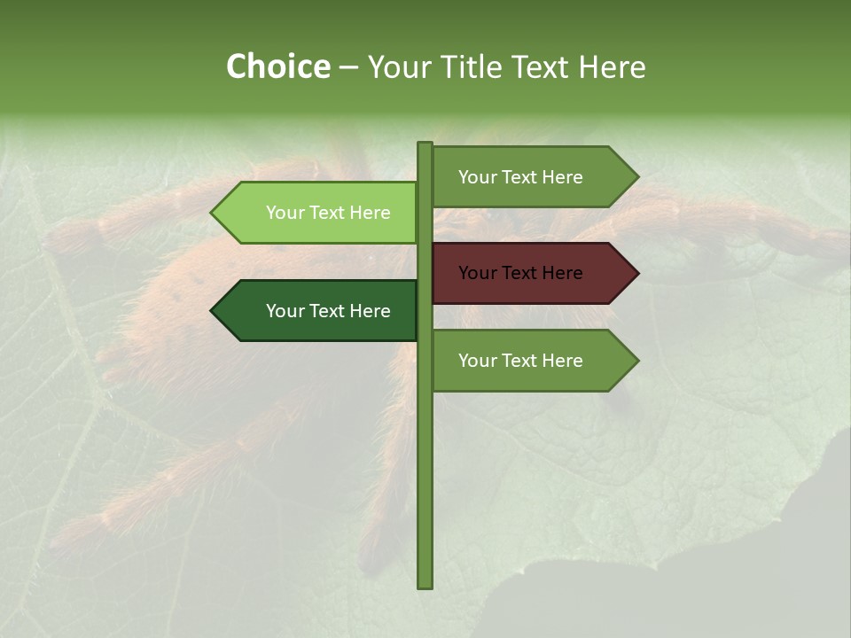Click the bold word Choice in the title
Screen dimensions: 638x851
pyautogui.click(x=278, y=67)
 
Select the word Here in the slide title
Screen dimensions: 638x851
pyautogui.click(x=612, y=67)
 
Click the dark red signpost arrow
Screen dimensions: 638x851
pyautogui.click(x=532, y=273)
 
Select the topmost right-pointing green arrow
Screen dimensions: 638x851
pyautogui.click(x=532, y=177)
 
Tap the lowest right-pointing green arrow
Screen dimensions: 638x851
pyautogui.click(x=532, y=361)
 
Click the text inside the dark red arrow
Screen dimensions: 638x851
pyautogui.click(x=520, y=273)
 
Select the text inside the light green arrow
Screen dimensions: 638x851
pyautogui.click(x=328, y=213)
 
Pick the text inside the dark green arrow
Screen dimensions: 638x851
pyautogui.click(x=328, y=311)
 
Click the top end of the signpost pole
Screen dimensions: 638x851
pyautogui.click(x=425, y=145)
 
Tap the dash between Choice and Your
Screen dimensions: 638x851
pyautogui.click(x=348, y=68)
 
